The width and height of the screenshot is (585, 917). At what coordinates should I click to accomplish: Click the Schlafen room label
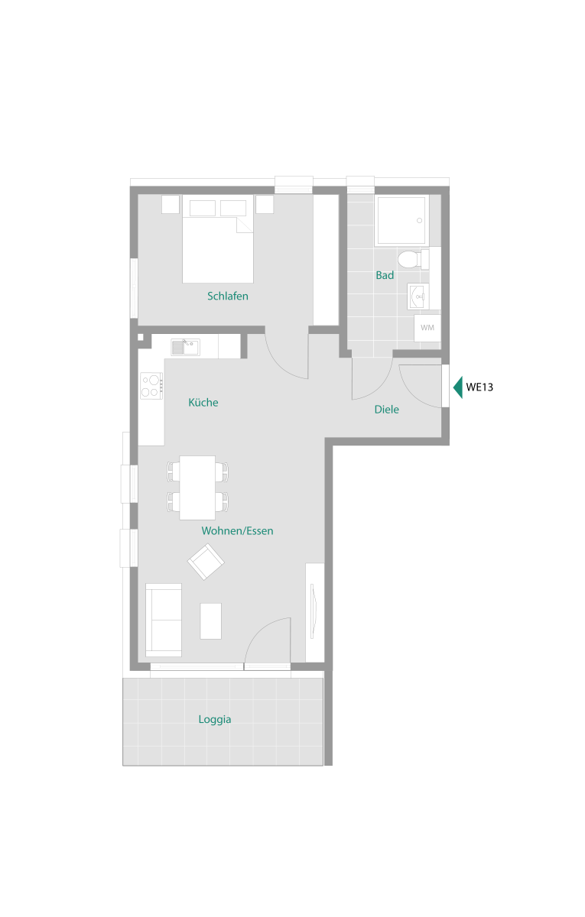(x=227, y=296)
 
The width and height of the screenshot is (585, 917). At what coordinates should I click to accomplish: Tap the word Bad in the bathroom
(x=385, y=275)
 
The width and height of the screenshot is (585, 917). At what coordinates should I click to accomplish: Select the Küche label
(x=203, y=403)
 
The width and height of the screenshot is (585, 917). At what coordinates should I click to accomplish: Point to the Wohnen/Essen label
(x=237, y=531)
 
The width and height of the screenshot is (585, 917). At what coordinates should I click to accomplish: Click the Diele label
(x=386, y=410)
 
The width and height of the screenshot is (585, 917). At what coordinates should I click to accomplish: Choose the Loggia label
(x=215, y=720)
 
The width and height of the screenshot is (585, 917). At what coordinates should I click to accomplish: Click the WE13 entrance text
(x=479, y=387)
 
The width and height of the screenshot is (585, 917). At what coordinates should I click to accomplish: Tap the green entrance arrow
(x=458, y=387)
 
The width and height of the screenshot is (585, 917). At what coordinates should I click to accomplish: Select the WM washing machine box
(x=427, y=328)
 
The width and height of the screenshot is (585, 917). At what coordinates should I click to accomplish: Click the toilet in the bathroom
(x=413, y=259)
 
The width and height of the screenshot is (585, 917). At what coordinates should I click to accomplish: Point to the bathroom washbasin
(x=418, y=296)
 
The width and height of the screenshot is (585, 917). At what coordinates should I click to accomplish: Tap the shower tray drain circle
(x=419, y=221)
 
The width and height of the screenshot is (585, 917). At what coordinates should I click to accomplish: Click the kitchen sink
(x=186, y=348)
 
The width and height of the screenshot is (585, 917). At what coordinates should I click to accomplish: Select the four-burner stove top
(x=151, y=386)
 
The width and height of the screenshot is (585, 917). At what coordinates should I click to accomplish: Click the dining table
(x=197, y=488)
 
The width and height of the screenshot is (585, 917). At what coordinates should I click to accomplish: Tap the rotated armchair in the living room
(x=206, y=562)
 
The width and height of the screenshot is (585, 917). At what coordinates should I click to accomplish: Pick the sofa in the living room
(x=164, y=620)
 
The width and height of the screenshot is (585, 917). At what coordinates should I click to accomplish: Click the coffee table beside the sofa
(x=210, y=621)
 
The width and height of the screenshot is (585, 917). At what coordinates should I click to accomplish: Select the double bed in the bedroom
(x=217, y=238)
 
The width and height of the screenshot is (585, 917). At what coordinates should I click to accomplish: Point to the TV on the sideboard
(x=313, y=611)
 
